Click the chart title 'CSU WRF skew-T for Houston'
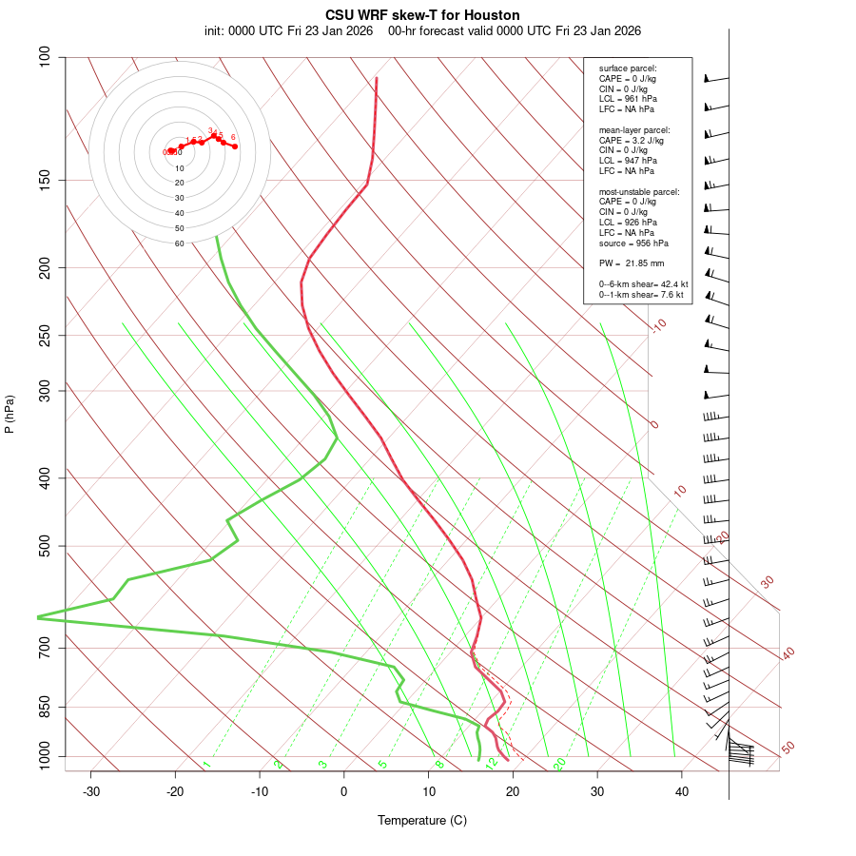click(422, 15)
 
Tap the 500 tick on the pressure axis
click(45, 546)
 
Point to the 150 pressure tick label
click(45, 180)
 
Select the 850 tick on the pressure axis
click(45, 707)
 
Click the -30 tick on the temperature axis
click(91, 791)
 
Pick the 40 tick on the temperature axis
click(682, 791)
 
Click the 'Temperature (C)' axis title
click(421, 820)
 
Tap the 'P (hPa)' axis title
click(10, 414)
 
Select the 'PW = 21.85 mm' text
click(631, 263)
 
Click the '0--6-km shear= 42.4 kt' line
click(643, 283)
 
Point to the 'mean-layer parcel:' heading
click(634, 129)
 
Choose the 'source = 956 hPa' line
click(632, 243)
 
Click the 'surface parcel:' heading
click(628, 68)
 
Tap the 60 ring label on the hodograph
click(179, 243)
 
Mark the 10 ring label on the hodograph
click(179, 168)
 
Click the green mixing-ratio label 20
click(559, 763)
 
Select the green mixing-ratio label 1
click(206, 764)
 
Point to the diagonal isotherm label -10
click(658, 326)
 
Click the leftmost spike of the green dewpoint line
click(38, 617)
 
